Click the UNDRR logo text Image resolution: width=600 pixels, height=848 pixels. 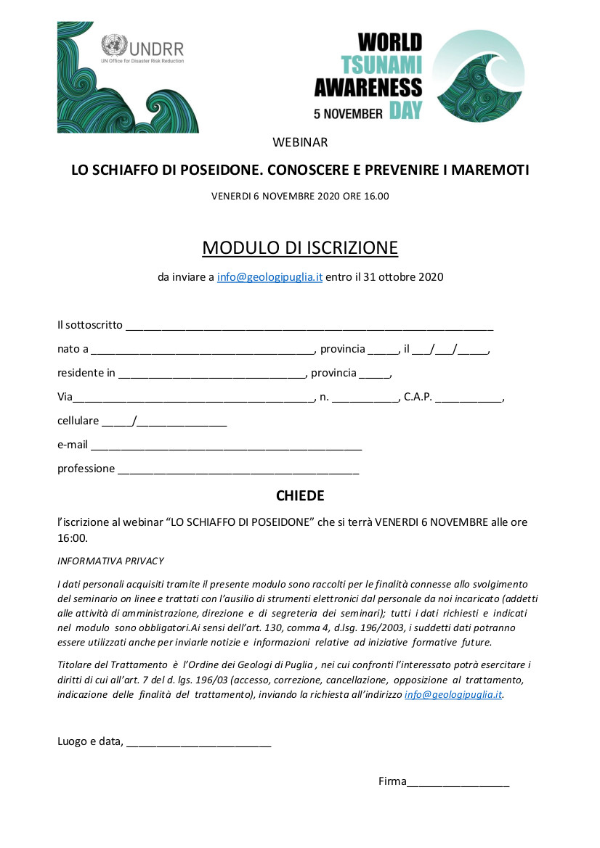(155, 49)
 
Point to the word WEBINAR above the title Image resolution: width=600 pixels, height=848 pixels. (300, 142)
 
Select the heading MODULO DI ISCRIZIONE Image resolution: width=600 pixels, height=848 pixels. (300, 247)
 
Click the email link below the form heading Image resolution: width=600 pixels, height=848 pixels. (269, 277)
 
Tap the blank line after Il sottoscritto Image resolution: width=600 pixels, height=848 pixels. (309, 326)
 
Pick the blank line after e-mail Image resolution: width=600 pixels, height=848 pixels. (226, 446)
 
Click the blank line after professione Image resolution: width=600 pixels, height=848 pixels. (238, 470)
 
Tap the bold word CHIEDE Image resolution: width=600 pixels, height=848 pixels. (300, 496)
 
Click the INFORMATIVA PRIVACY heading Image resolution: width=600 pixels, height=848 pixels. (110, 561)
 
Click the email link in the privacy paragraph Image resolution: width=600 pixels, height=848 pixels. (453, 694)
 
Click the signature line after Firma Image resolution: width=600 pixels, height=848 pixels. (458, 783)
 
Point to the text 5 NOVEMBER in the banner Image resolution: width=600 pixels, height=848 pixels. (348, 113)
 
